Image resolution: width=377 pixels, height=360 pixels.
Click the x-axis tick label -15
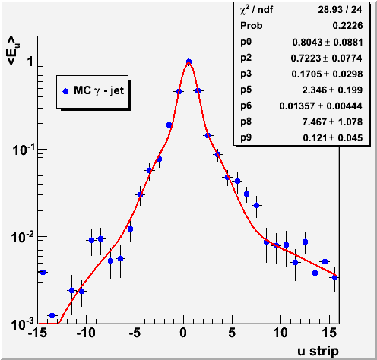[37, 333]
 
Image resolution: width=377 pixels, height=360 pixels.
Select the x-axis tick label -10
[86, 333]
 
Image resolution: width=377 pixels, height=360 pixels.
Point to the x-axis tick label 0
[183, 333]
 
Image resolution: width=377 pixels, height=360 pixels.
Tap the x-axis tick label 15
[330, 333]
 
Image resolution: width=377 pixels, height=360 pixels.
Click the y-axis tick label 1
[30, 62]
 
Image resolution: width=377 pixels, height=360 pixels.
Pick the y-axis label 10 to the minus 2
[23, 237]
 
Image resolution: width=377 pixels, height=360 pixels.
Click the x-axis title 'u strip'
[318, 351]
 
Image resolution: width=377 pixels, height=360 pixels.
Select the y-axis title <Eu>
[13, 50]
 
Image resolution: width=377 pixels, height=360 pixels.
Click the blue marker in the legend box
[65, 91]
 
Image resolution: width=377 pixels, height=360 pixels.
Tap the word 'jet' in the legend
[117, 90]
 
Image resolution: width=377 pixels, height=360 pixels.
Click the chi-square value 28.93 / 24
[340, 10]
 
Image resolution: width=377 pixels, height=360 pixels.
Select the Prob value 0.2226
[347, 26]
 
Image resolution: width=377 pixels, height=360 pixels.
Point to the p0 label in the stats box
[246, 42]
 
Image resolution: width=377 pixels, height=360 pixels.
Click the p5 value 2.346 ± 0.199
[332, 90]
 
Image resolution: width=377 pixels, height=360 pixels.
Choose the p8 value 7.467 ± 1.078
[332, 122]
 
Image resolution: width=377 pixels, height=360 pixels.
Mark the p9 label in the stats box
[246, 137]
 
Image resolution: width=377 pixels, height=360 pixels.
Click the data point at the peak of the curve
[188, 62]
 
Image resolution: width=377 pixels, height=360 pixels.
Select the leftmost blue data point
[43, 273]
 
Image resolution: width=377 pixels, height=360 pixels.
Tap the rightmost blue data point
[334, 278]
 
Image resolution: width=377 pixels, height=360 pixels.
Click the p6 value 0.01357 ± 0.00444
[321, 106]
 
